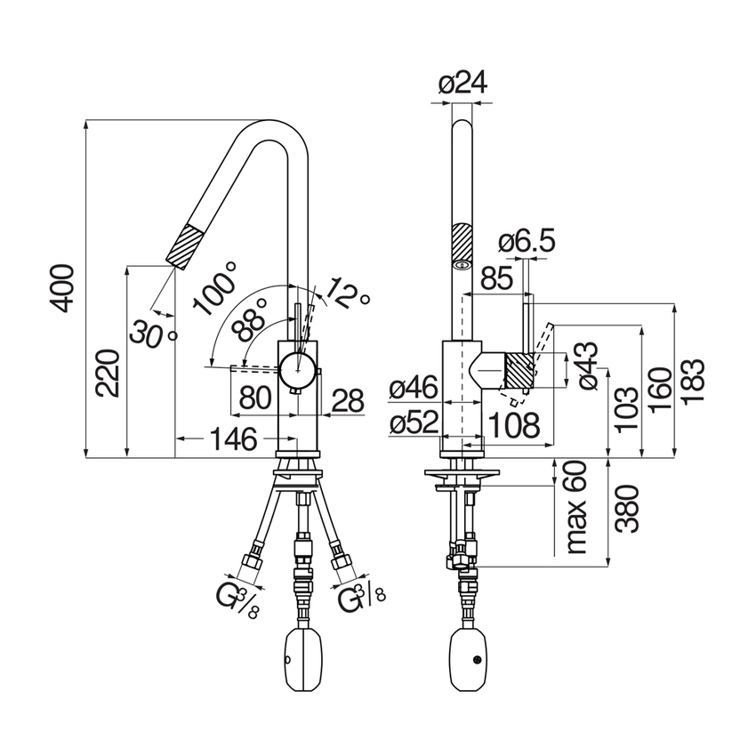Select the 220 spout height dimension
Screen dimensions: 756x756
pos(107,374)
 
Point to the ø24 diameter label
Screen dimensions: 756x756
pos(462,83)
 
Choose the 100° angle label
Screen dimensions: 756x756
pos(215,288)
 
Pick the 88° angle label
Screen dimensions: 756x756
pos(249,319)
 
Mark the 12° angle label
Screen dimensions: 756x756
pos(347,294)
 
